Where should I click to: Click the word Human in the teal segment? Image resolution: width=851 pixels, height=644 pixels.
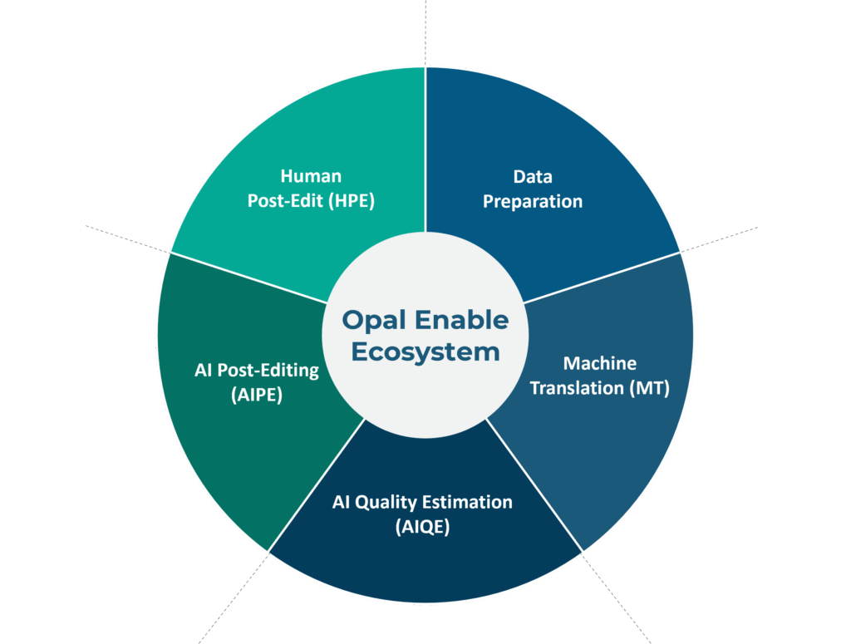(311, 176)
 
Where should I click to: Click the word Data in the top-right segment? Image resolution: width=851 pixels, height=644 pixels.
(533, 176)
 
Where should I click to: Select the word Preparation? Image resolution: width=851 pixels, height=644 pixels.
(533, 202)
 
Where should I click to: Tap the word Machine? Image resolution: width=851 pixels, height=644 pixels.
(600, 363)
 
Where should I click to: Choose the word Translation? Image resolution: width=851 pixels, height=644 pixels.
(577, 388)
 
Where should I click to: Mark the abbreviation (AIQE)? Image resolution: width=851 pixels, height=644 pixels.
(422, 527)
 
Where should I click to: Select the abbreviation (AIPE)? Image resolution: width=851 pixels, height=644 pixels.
(257, 395)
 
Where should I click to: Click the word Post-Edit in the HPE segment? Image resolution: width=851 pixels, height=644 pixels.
(286, 201)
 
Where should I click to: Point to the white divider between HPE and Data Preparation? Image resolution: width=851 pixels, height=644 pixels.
(425, 150)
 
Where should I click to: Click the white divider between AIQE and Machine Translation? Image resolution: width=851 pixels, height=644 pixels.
(534, 485)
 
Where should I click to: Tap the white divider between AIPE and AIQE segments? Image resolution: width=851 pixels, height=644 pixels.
(317, 485)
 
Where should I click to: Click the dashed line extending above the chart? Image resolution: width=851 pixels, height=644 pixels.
(425, 33)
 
